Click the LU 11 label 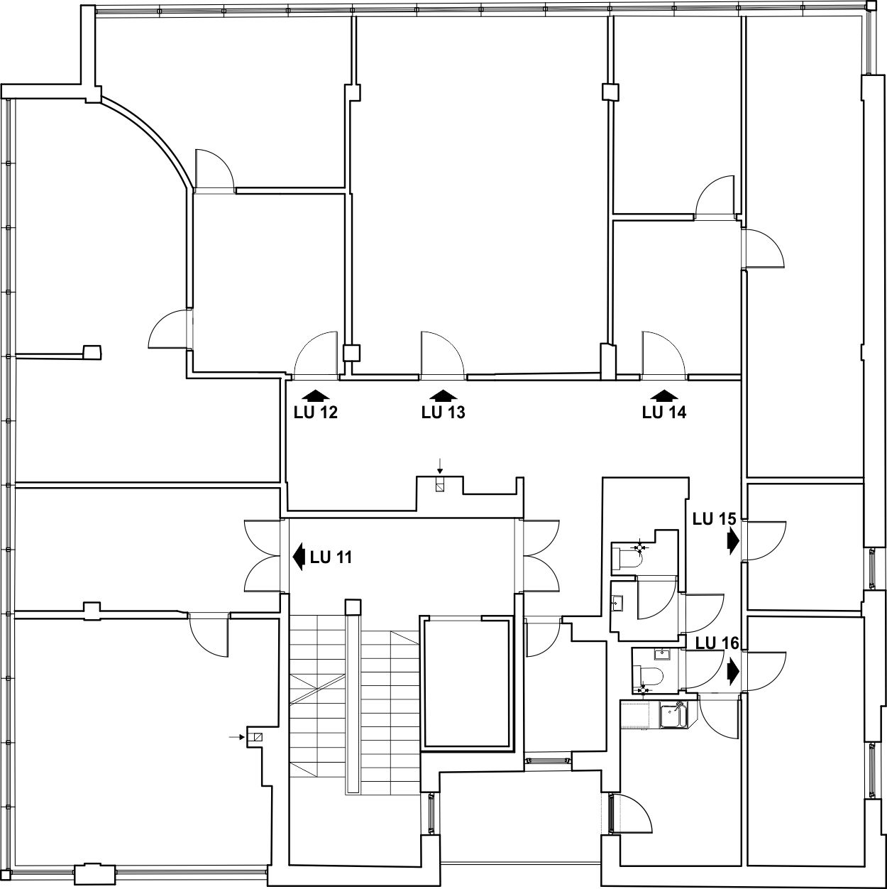(331, 557)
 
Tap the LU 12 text (316, 413)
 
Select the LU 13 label (443, 413)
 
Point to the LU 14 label (663, 413)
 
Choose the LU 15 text (714, 519)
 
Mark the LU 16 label (717, 643)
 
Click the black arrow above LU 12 (316, 395)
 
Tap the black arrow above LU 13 (443, 395)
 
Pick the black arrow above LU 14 (663, 395)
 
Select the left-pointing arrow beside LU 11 (299, 557)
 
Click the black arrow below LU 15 (734, 540)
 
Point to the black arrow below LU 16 (734, 672)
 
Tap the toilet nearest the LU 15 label (627, 560)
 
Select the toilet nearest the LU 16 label (647, 676)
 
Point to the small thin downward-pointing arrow (439, 466)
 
